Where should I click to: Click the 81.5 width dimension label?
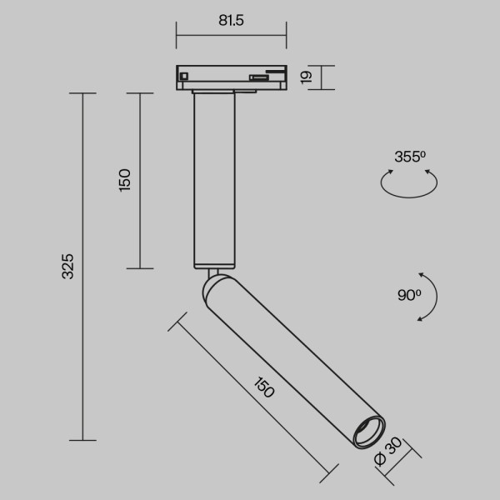pos(231,22)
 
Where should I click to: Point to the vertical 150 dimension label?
pos(125,180)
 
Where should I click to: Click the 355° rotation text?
pos(409,156)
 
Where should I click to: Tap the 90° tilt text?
pos(409,294)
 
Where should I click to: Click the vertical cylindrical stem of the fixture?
pos(215,179)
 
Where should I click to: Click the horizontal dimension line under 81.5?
pos(231,35)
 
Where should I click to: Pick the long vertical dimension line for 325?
pos(82,267)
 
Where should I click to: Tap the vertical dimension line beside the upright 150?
pos(139,180)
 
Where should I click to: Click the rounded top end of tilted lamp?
pos(213,287)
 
